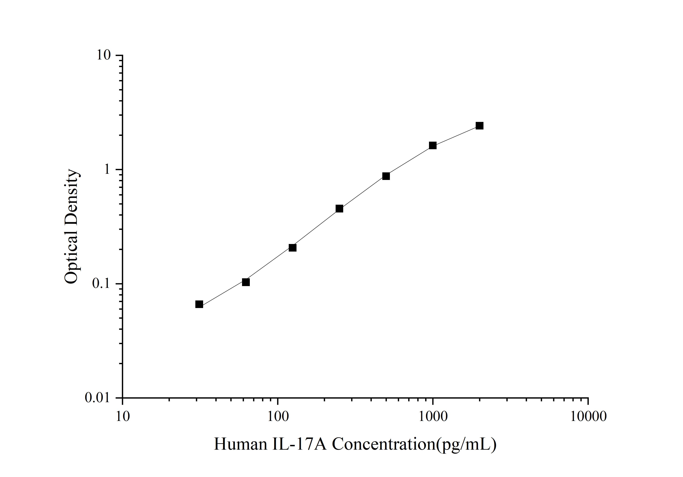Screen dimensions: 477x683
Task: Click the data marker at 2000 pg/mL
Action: point(479,126)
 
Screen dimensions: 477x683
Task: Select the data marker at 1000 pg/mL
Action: point(433,145)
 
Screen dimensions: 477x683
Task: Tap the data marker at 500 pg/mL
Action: point(386,176)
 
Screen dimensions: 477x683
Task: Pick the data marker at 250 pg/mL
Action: point(339,209)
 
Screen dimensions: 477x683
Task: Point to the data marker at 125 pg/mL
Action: point(293,248)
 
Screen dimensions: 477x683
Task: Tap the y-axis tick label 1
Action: point(107,170)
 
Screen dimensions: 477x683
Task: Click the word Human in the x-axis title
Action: point(240,444)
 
